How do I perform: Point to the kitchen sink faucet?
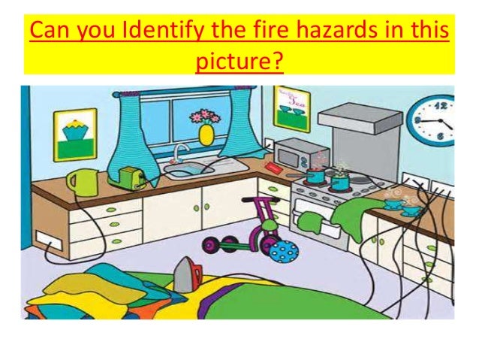179,153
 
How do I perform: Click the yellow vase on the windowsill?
205,134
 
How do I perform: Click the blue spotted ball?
284,250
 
